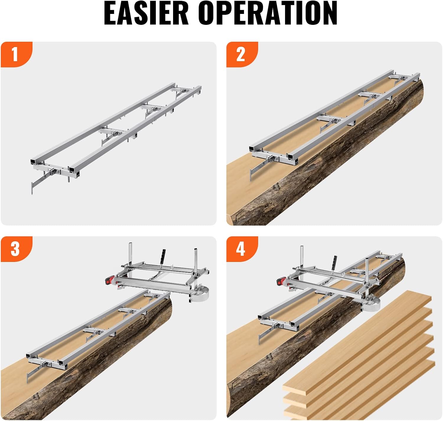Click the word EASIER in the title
146,13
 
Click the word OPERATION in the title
268,13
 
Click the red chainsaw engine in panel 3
110,280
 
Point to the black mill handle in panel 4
335,261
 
